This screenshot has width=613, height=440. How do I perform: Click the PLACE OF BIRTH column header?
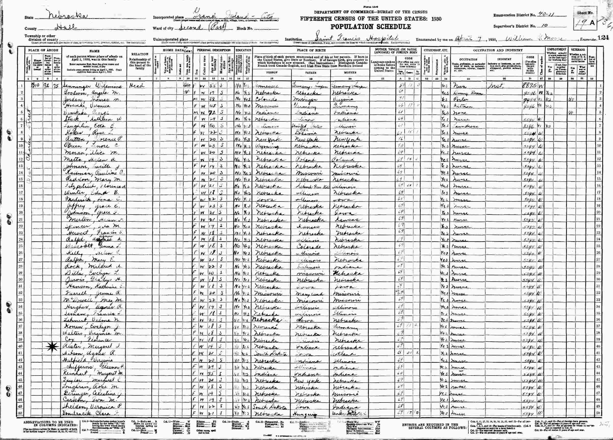(x=311, y=50)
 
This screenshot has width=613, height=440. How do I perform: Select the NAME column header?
(x=94, y=51)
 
